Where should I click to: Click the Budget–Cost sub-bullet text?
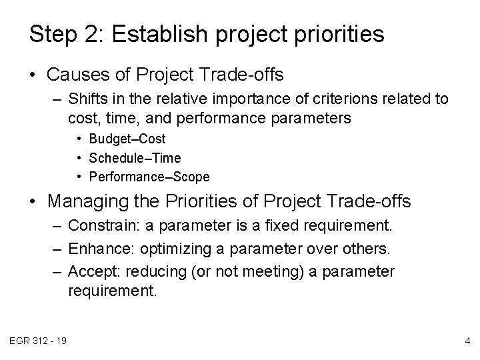click(127, 139)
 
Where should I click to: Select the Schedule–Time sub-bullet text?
click(134, 158)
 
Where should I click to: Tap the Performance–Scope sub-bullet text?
click(149, 177)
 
